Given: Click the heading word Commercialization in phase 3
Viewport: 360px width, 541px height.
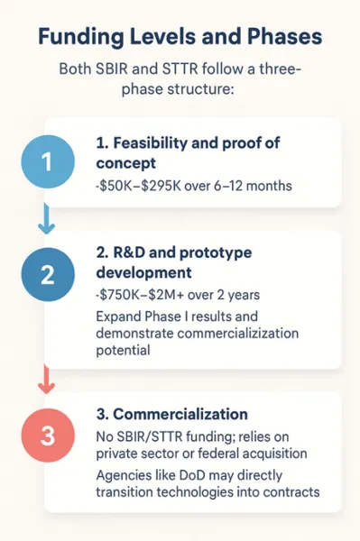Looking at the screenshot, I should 180,416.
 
